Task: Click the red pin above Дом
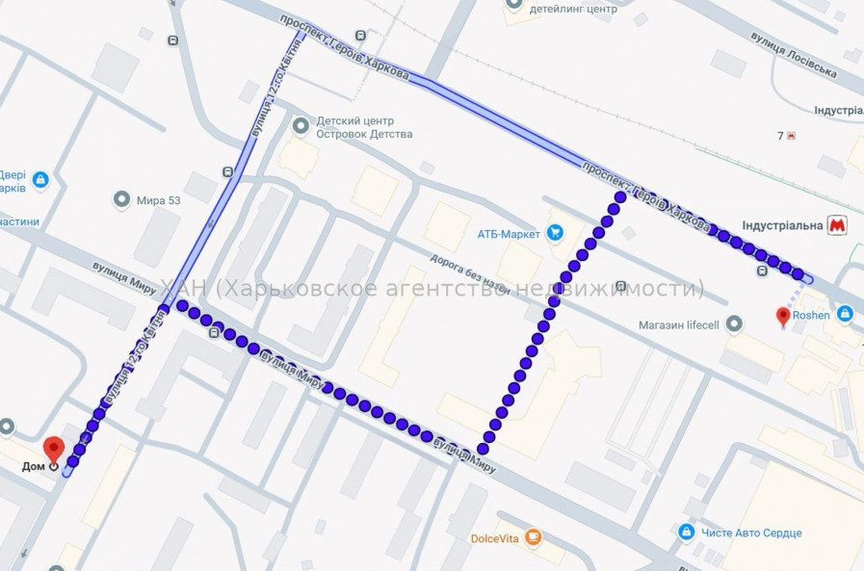(x=54, y=448)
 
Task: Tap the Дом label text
(x=35, y=467)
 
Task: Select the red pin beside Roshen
(x=784, y=315)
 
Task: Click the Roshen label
(x=814, y=314)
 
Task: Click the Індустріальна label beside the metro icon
(x=782, y=225)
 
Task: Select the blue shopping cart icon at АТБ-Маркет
(x=555, y=232)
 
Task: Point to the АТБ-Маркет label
(x=510, y=233)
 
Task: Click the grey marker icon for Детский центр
(x=301, y=125)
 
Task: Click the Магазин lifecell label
(x=679, y=325)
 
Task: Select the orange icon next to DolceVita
(x=534, y=537)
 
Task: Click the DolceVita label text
(x=495, y=538)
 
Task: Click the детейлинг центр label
(x=572, y=9)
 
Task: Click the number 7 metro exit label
(x=781, y=136)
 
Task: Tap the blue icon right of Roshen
(x=845, y=314)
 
